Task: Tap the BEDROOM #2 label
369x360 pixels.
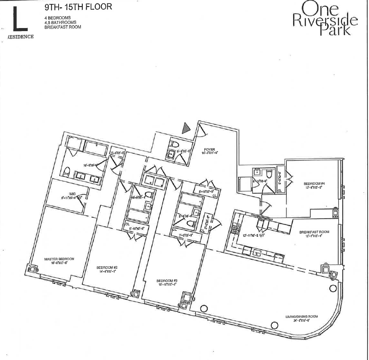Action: click(106, 267)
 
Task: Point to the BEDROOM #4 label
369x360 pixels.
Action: click(313, 183)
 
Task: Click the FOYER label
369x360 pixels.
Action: click(209, 149)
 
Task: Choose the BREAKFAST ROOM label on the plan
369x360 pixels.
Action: click(314, 232)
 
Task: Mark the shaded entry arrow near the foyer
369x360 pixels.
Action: click(186, 127)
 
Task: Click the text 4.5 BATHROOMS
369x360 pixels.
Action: click(60, 22)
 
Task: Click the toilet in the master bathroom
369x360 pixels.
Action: click(67, 172)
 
